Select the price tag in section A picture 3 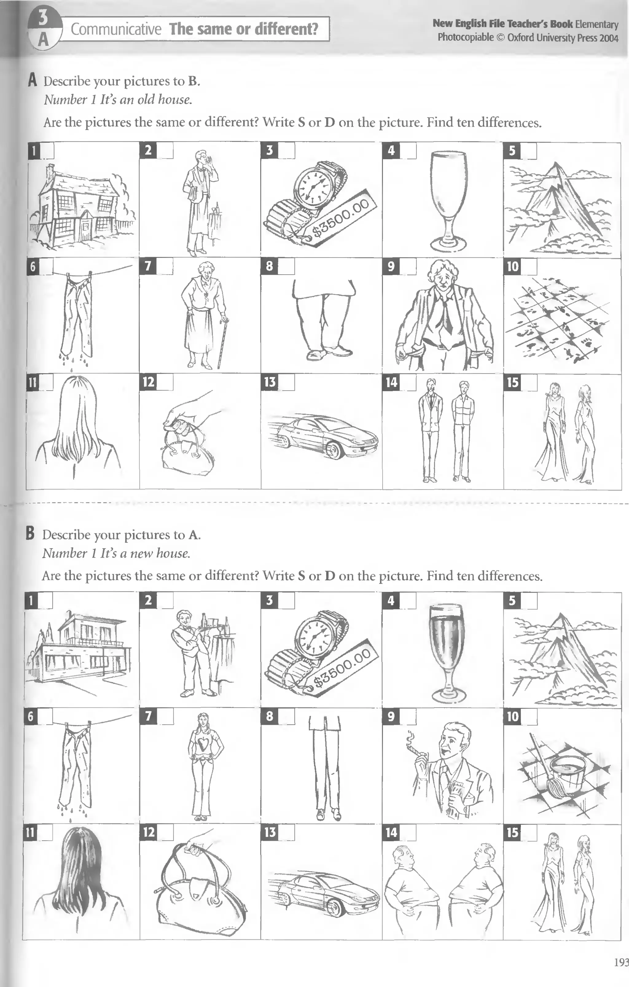coord(340,219)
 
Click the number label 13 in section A coord(269,382)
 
